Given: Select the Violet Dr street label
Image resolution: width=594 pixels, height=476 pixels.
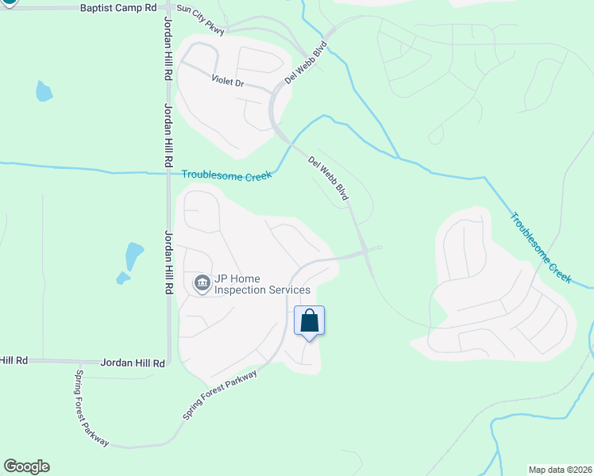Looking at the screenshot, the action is tap(227, 80).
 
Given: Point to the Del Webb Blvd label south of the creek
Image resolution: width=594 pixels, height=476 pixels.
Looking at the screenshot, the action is tap(329, 178).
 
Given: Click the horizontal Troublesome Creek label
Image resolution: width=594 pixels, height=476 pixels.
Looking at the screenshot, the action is tap(226, 175).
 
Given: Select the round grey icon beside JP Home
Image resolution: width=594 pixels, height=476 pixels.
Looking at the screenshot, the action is tap(202, 283).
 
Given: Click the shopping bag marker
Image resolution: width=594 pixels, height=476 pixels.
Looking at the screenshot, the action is tap(310, 321).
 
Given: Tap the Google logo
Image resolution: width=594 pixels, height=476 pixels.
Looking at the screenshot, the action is tap(26, 466).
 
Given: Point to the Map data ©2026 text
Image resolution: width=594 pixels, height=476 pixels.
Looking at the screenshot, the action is tap(560, 470).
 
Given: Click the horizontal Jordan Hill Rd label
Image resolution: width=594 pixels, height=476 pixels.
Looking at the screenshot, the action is tap(133, 363).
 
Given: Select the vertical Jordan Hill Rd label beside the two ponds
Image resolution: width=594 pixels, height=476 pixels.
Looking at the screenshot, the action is tap(168, 263).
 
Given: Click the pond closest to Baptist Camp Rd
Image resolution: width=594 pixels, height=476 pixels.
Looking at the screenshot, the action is tap(44, 91).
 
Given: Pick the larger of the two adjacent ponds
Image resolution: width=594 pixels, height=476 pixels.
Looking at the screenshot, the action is tap(134, 255).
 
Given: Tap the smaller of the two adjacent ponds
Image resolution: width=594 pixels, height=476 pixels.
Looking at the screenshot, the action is tap(122, 278).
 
